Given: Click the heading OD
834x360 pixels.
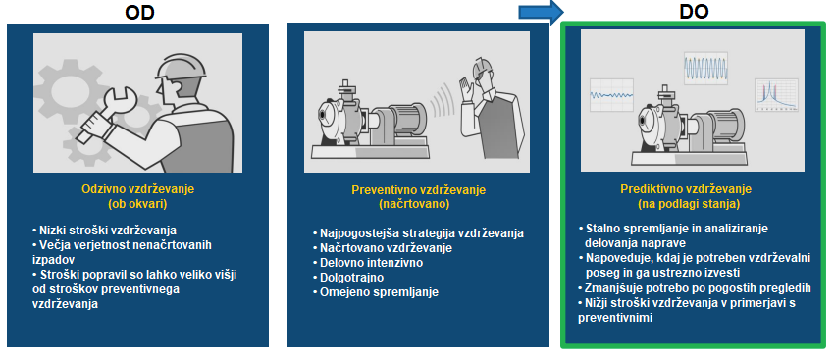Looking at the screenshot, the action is tap(140, 12).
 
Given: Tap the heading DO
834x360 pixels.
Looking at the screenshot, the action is tap(694, 12).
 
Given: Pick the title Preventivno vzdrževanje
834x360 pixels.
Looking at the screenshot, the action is tap(419, 190).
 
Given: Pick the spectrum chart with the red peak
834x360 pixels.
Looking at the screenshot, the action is tap(776, 94).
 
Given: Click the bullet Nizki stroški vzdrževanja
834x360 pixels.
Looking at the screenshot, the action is tap(104, 231).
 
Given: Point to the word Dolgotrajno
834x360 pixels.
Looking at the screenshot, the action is tap(351, 278).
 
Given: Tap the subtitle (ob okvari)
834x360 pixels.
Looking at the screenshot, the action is tap(137, 203).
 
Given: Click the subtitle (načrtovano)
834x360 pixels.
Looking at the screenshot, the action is tap(419, 204).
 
